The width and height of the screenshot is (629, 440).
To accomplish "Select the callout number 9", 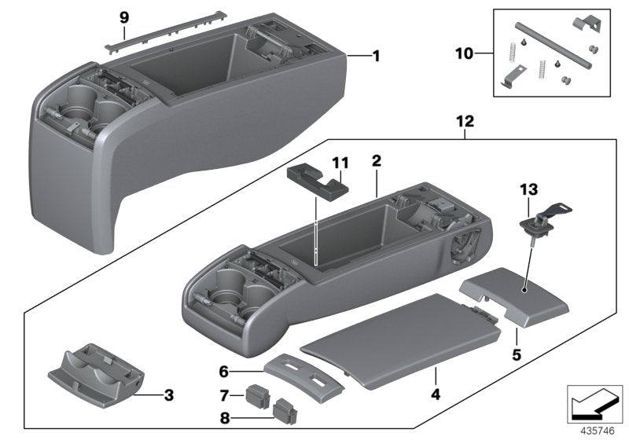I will tap(123, 16).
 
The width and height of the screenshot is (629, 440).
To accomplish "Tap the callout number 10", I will tap(465, 53).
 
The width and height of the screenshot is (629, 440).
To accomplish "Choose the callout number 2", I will tap(377, 160).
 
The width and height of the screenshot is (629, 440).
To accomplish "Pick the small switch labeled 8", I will tap(283, 409).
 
